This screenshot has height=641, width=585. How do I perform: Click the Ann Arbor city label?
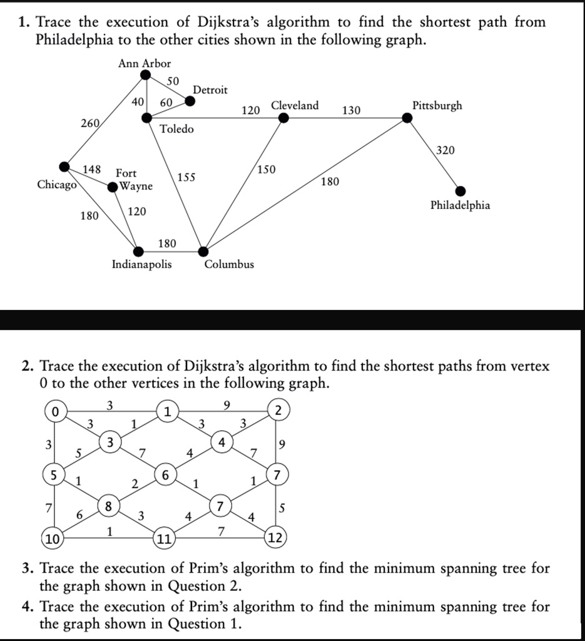tap(145, 63)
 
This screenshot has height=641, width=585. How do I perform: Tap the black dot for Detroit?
tap(190, 100)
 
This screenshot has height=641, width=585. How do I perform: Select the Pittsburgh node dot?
tap(407, 117)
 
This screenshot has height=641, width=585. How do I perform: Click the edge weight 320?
tap(445, 150)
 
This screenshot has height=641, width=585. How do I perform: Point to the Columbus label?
tap(229, 264)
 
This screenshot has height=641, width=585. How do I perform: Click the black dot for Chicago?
tap(64, 167)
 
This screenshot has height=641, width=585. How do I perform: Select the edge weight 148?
tap(93, 168)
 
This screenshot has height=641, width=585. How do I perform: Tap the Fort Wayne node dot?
tap(113, 187)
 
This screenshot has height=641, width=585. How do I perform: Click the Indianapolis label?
tap(141, 264)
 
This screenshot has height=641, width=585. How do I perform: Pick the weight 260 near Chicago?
tap(89, 123)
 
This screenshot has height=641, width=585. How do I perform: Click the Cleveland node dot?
tap(283, 118)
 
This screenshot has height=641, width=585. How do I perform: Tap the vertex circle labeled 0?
tap(56, 412)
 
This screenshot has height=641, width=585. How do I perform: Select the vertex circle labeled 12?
tap(275, 538)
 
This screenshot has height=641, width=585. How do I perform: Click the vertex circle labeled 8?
tap(109, 506)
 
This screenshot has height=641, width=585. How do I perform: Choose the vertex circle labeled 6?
tap(165, 475)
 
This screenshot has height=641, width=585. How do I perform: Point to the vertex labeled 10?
tap(53, 538)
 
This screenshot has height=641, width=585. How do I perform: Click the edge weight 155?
tap(186, 177)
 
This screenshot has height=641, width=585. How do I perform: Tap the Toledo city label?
tap(177, 129)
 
